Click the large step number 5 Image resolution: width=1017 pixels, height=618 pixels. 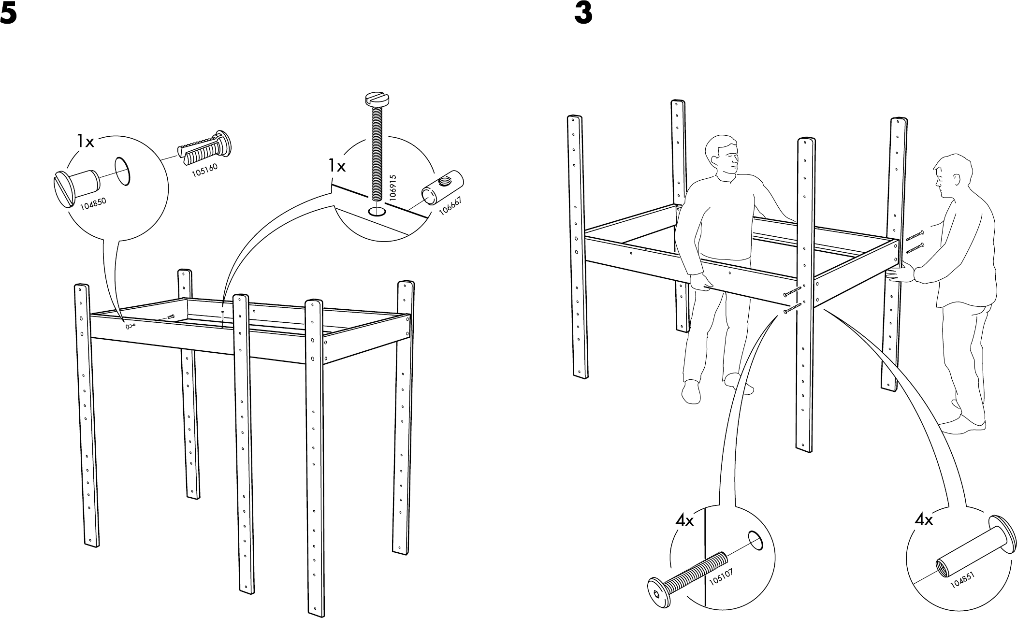pos(8,15)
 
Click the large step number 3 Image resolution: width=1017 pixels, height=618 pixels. pos(583,15)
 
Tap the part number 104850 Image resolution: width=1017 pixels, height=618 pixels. pos(93,203)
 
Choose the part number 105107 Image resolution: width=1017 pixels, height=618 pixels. pos(721,583)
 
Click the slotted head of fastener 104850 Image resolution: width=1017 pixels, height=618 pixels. pos(63,189)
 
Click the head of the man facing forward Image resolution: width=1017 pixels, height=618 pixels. pos(723,156)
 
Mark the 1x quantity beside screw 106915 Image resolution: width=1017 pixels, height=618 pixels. pos(337,167)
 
